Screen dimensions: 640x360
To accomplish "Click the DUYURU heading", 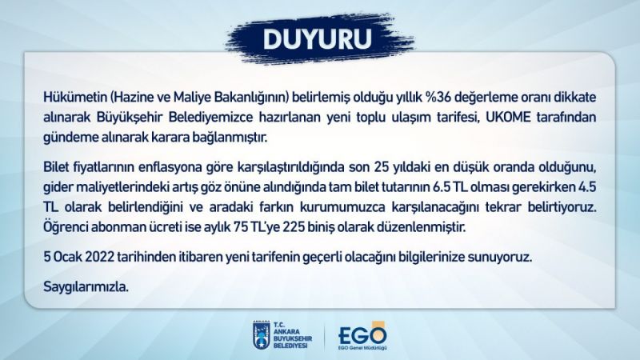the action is (318, 38).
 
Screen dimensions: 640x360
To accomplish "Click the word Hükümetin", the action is (75, 98).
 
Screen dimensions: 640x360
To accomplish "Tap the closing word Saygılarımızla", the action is (86, 287).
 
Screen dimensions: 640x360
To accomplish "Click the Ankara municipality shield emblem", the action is (262, 335).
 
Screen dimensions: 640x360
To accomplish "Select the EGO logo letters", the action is (362, 334).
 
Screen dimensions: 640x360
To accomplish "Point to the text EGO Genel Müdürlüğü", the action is (362, 348).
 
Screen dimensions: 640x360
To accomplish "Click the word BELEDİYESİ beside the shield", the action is (290, 346).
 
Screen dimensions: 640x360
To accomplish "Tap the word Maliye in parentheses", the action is (190, 98).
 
